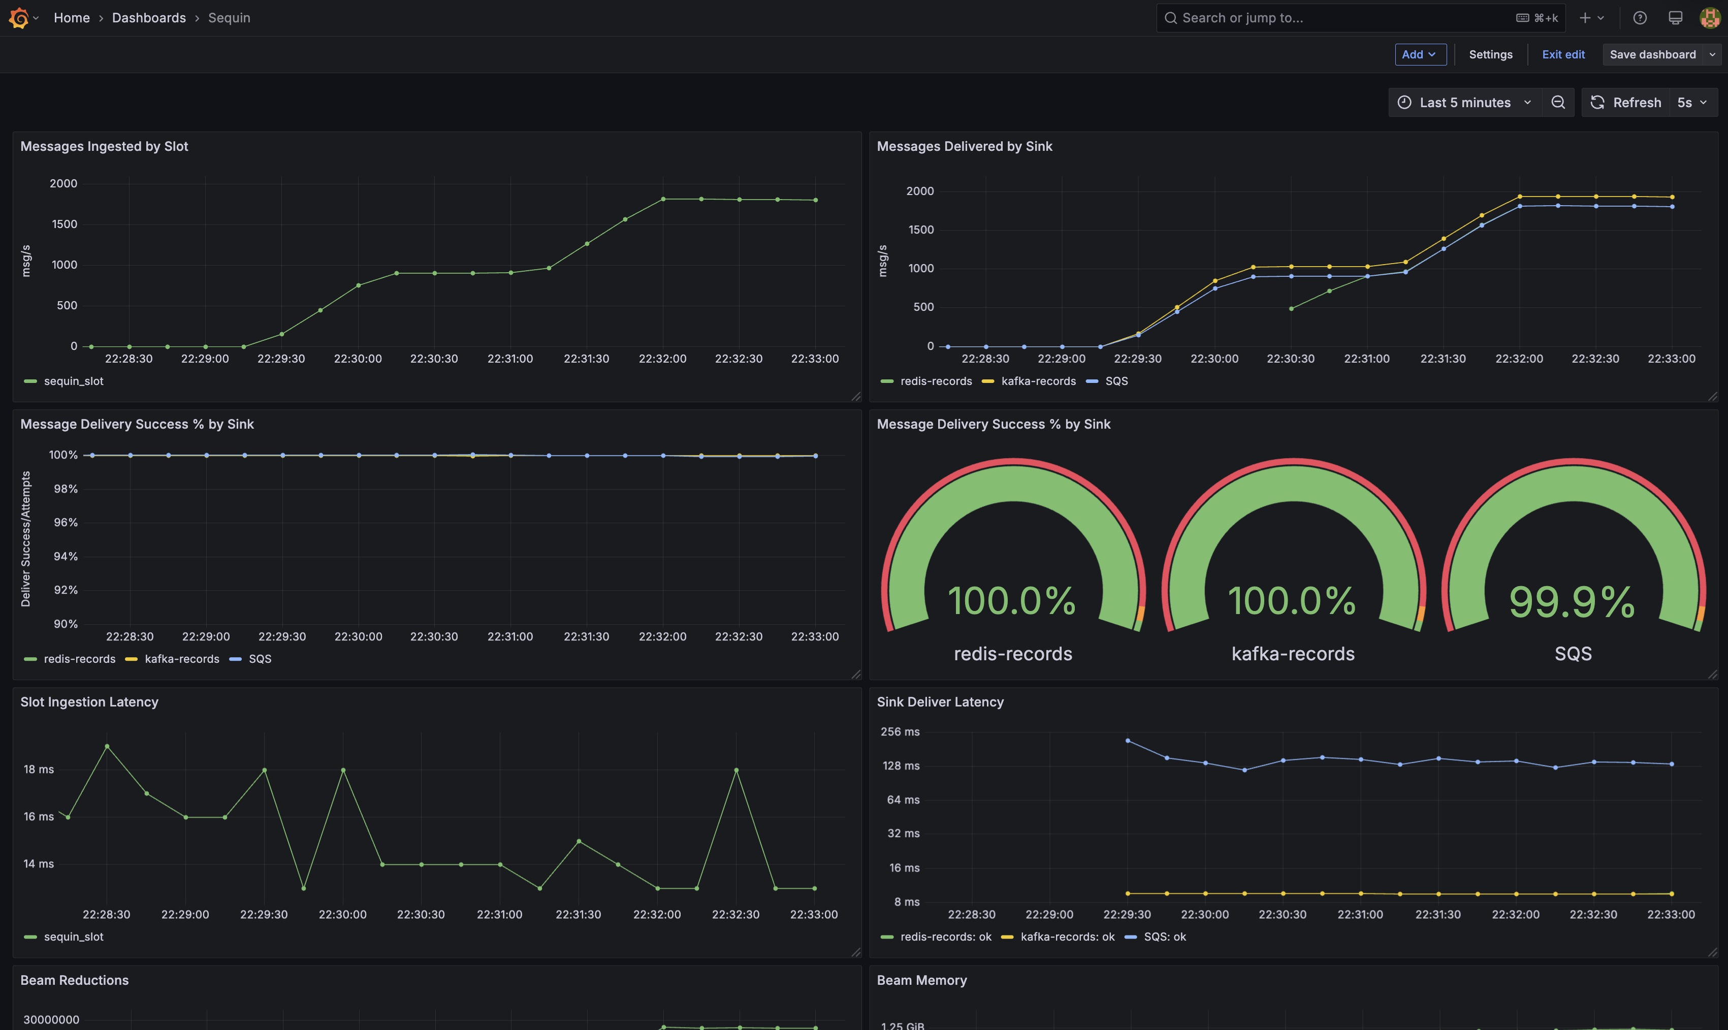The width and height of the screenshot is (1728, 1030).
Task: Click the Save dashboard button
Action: click(x=1652, y=54)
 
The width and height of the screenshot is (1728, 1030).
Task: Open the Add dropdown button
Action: click(x=1419, y=54)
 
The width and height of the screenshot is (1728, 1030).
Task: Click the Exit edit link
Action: click(x=1563, y=54)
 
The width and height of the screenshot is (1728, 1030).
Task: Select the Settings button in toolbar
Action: click(x=1490, y=54)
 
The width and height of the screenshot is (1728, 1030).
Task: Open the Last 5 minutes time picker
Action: click(x=1464, y=103)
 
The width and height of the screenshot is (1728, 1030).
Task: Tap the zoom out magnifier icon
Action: click(x=1558, y=103)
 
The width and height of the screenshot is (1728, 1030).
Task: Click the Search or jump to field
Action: click(x=1339, y=18)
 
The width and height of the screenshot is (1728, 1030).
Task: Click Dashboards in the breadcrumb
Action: click(x=148, y=18)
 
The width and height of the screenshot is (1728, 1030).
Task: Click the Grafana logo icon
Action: click(x=19, y=18)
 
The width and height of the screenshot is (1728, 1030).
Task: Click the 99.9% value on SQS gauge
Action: click(x=1572, y=601)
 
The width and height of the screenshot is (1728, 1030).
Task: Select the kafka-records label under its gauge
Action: click(x=1292, y=654)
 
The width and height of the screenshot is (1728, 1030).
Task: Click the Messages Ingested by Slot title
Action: click(x=104, y=146)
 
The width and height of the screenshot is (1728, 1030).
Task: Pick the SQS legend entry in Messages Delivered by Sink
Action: click(x=1115, y=381)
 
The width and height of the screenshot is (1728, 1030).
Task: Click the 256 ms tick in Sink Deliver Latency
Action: click(x=900, y=731)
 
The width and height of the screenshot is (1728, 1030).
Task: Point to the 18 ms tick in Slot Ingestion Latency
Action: click(x=39, y=769)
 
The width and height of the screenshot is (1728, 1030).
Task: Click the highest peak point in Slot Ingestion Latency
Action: click(x=107, y=746)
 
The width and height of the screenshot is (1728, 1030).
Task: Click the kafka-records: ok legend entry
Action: click(x=1067, y=937)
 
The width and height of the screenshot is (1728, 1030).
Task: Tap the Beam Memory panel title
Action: click(x=921, y=980)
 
